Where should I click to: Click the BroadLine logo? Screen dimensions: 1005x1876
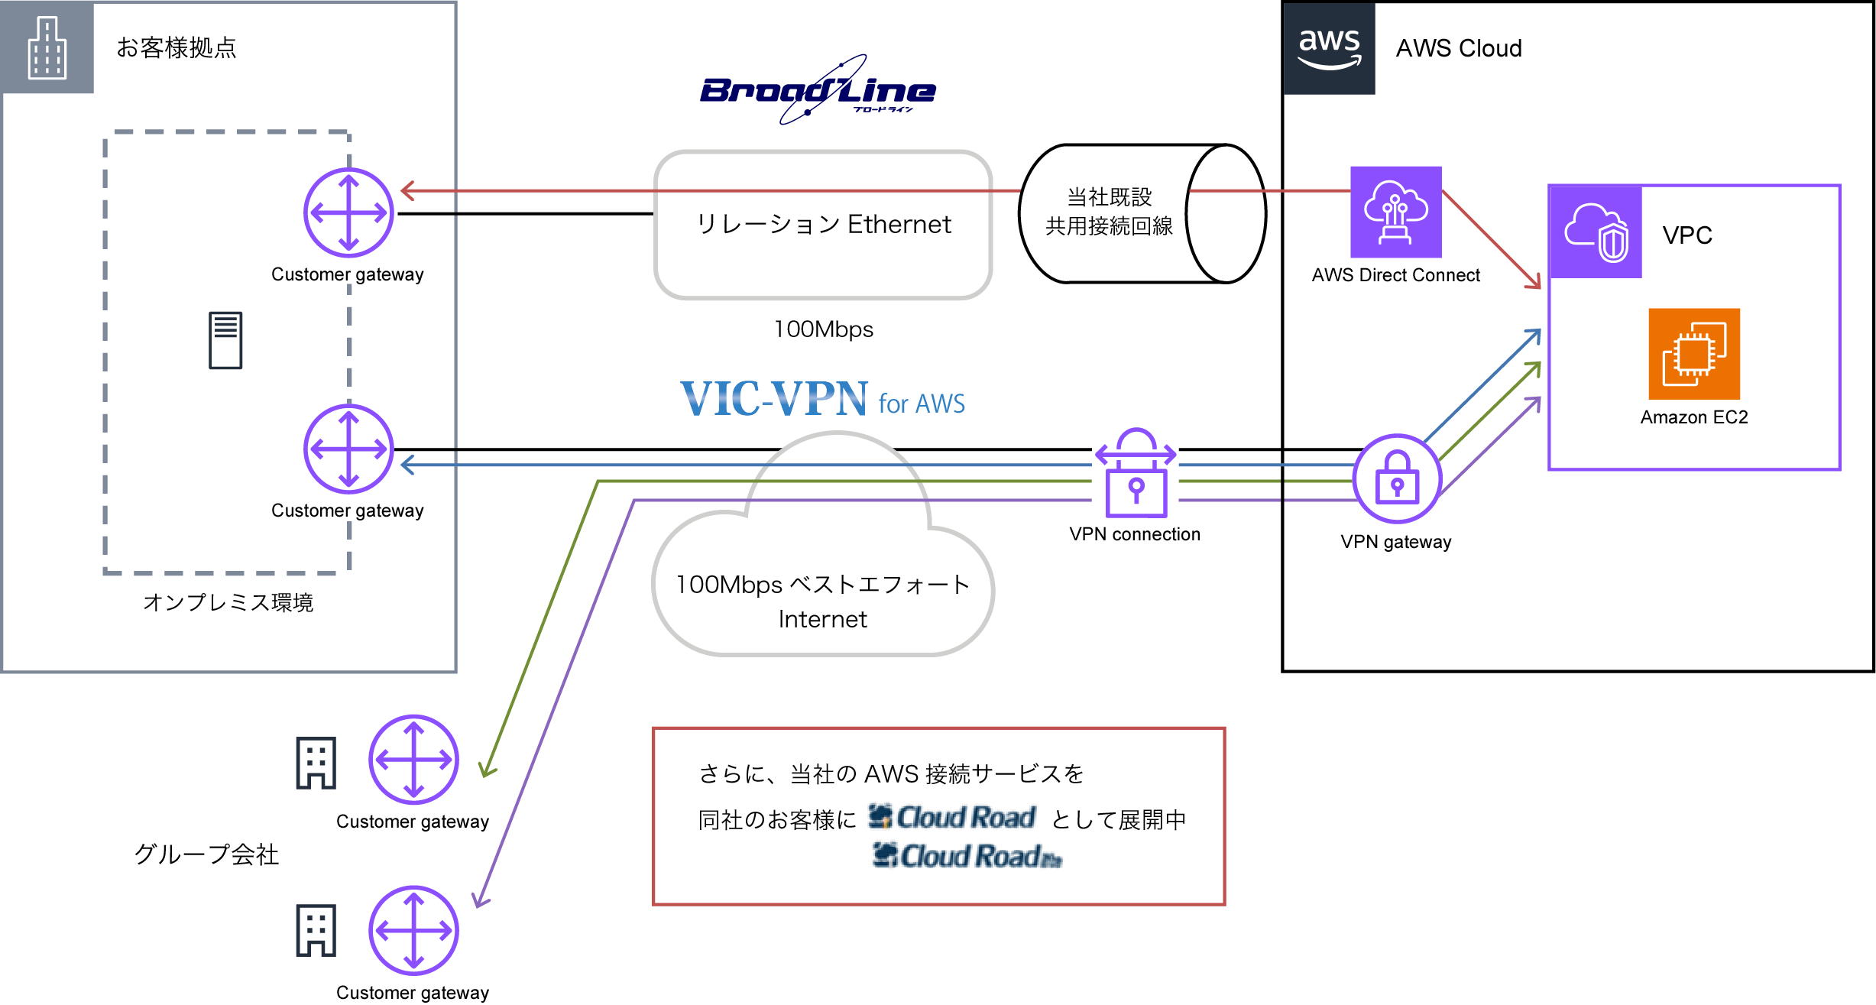click(818, 91)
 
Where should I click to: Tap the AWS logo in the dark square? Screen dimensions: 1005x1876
click(1329, 48)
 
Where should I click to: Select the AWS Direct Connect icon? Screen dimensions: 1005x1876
click(1395, 212)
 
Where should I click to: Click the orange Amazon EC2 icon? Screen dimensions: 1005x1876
click(1693, 354)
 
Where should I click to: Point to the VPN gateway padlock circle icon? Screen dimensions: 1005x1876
click(1397, 478)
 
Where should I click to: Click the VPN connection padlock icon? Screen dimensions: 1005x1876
click(1136, 474)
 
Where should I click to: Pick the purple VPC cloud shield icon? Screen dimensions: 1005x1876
click(1596, 232)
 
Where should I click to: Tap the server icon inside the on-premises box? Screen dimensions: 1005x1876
click(225, 340)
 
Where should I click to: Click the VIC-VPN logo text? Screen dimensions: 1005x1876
click(773, 399)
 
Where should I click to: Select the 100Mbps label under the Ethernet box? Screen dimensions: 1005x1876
click(823, 329)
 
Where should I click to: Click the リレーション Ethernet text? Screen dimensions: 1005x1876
click(823, 225)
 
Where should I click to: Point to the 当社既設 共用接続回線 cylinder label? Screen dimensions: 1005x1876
click(1109, 212)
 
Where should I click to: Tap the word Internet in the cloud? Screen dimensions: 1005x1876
click(822, 619)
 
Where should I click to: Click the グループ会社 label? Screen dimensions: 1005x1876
click(206, 854)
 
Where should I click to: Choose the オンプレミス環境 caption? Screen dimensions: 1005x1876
click(228, 602)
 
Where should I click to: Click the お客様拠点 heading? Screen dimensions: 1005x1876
click(176, 48)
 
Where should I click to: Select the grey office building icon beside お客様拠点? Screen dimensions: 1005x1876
click(47, 48)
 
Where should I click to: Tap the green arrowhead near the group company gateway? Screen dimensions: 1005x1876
click(488, 770)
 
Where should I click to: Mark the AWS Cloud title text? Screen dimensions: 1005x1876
click(1458, 48)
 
